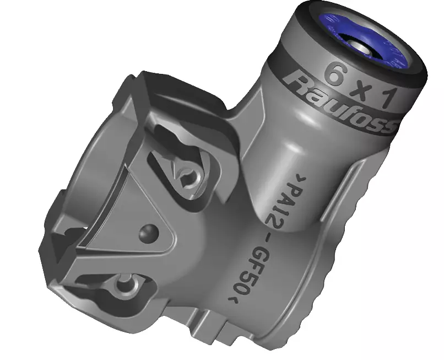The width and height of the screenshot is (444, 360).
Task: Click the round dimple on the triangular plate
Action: coord(148,233)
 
